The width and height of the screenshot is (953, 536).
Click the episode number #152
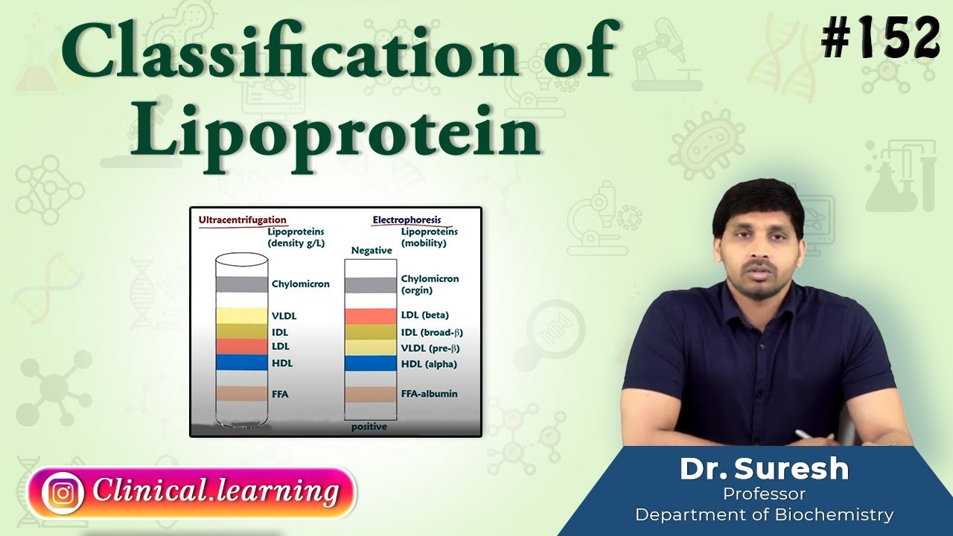tap(881, 37)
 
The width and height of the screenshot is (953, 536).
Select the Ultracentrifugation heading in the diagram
tap(242, 220)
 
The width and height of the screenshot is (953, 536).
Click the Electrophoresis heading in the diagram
tap(406, 220)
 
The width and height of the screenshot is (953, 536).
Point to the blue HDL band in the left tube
tap(241, 363)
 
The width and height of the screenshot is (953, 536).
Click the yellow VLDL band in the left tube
tap(241, 316)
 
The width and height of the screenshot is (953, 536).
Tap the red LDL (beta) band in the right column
tap(370, 316)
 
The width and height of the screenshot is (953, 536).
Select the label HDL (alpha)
tap(429, 364)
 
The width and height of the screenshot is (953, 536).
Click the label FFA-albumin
tap(430, 394)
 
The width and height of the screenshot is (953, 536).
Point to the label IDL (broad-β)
tap(432, 332)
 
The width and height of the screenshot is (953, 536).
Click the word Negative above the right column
tap(371, 251)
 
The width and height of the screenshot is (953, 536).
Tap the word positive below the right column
tap(369, 427)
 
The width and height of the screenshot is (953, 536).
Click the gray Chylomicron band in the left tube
tap(241, 284)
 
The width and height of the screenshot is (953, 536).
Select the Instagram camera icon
tap(63, 492)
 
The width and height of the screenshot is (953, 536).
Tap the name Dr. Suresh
tap(764, 469)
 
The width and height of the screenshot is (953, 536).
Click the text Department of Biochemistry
tap(764, 514)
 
